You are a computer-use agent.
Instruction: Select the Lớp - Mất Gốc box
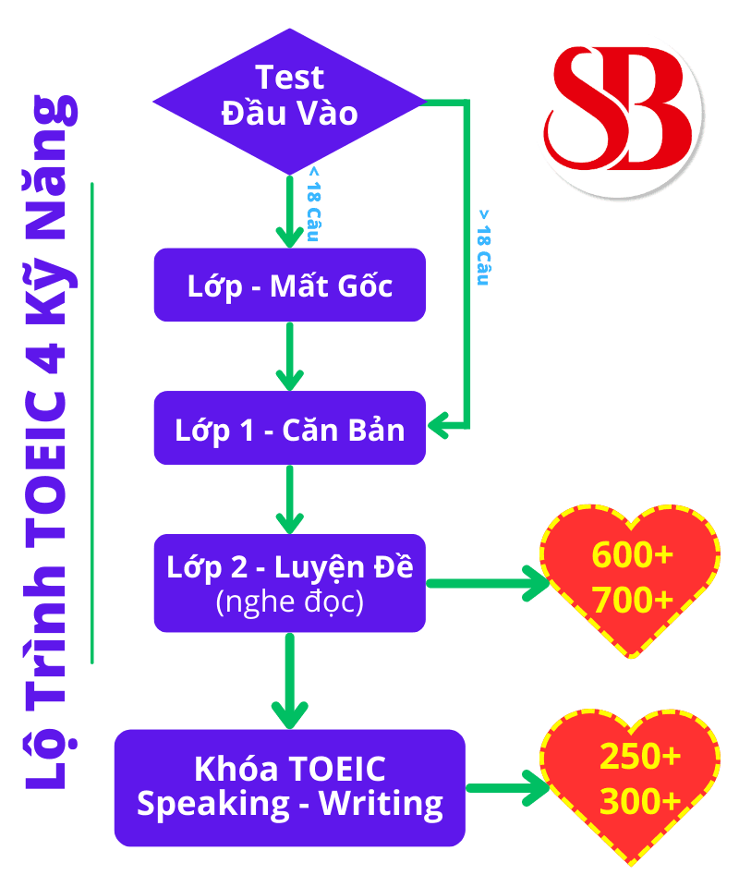point(289,285)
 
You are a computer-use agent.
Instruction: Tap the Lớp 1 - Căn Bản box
point(289,428)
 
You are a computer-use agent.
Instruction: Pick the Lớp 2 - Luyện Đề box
point(289,583)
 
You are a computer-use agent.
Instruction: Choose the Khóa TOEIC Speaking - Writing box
point(289,787)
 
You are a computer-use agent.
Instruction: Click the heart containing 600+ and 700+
point(632,577)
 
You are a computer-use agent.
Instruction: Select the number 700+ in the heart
point(633,601)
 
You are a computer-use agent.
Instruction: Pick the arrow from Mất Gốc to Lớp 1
point(290,356)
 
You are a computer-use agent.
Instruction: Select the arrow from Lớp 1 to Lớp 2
point(290,499)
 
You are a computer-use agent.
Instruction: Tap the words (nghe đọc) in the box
point(289,602)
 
